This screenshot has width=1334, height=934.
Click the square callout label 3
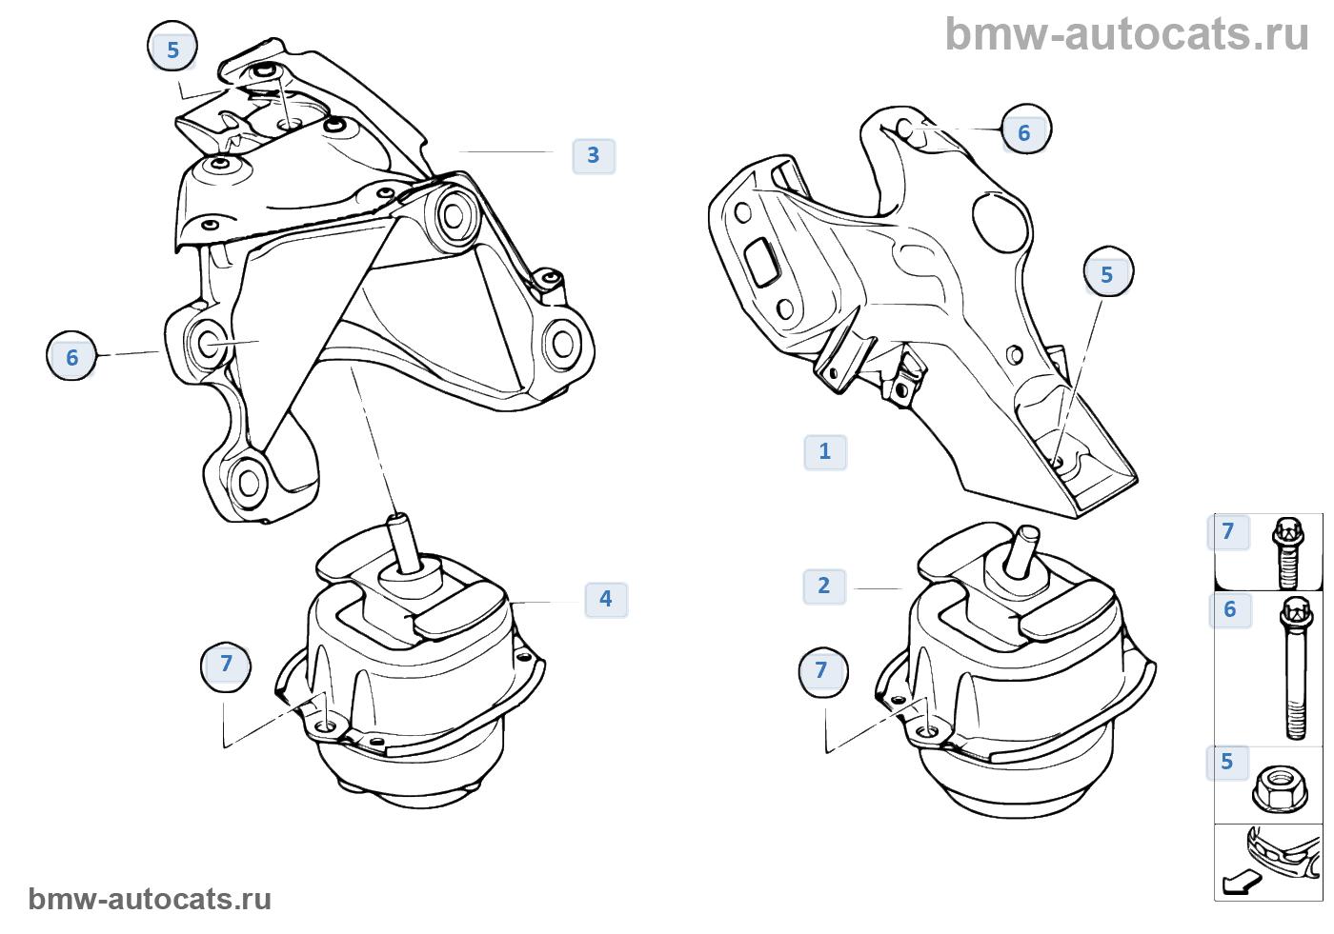tap(593, 156)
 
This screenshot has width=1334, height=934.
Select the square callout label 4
tap(606, 599)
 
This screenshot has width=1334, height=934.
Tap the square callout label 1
tap(825, 452)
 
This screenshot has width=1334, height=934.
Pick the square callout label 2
tap(824, 586)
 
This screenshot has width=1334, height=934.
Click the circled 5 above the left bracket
tap(172, 48)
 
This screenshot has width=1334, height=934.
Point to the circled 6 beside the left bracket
tap(71, 356)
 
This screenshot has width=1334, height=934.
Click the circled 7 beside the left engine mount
tap(226, 666)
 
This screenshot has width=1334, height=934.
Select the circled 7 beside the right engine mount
tap(823, 672)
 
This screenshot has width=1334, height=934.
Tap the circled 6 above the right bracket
tap(1025, 130)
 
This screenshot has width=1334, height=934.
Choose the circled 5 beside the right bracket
tap(1108, 272)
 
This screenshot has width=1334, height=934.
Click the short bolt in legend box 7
tap(1287, 552)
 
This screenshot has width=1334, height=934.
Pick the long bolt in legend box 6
tap(1296, 668)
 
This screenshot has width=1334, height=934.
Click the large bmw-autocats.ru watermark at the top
tap(1126, 34)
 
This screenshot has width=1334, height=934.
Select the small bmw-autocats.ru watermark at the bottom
tap(150, 899)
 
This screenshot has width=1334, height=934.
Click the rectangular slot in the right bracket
tap(762, 261)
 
